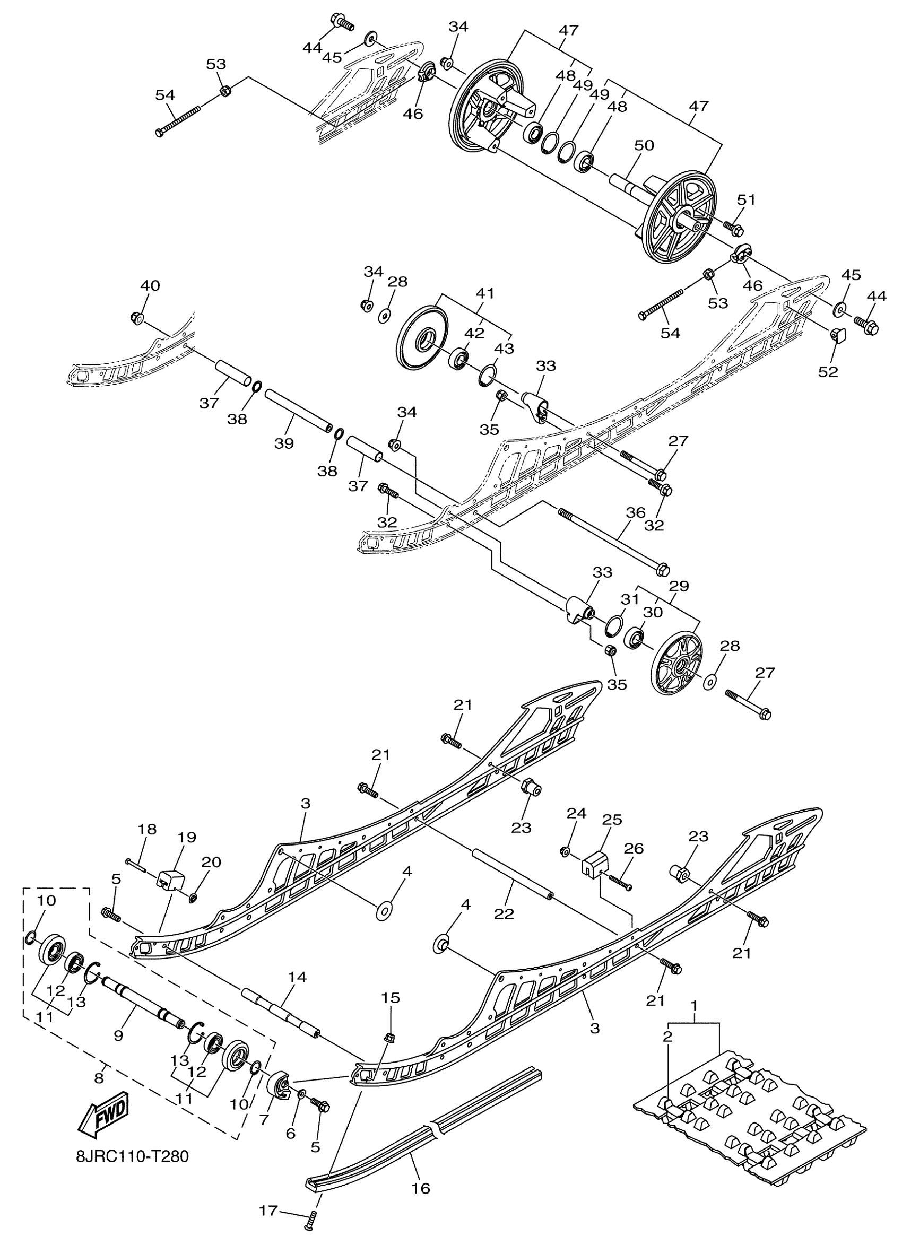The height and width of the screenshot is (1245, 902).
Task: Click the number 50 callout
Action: coord(645,145)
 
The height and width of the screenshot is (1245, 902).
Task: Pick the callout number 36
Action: coord(635,513)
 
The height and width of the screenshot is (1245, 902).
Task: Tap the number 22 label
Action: coord(504,914)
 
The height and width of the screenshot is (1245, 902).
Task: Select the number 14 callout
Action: coord(297,977)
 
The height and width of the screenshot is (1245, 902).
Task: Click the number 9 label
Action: coord(118,1035)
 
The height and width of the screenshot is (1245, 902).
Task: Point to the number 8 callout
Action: coord(99,1078)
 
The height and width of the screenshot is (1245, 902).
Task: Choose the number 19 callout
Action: coord(187,837)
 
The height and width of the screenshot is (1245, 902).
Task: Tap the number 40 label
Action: coord(151,285)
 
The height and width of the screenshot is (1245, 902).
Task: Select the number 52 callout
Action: coord(828,371)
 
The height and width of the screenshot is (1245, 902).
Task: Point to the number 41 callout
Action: coord(485,294)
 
